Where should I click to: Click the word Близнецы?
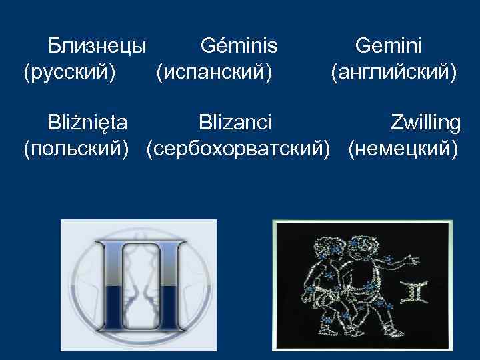point(97,46)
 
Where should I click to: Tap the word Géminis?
point(239,46)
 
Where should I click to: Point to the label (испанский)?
point(214,71)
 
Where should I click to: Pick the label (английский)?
point(394,71)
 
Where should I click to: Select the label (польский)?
point(76,147)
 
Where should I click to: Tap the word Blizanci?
point(235,123)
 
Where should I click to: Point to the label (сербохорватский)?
point(239,147)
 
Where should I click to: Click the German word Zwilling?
point(425,123)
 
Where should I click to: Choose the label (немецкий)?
point(404,147)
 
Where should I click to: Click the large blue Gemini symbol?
point(139,287)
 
